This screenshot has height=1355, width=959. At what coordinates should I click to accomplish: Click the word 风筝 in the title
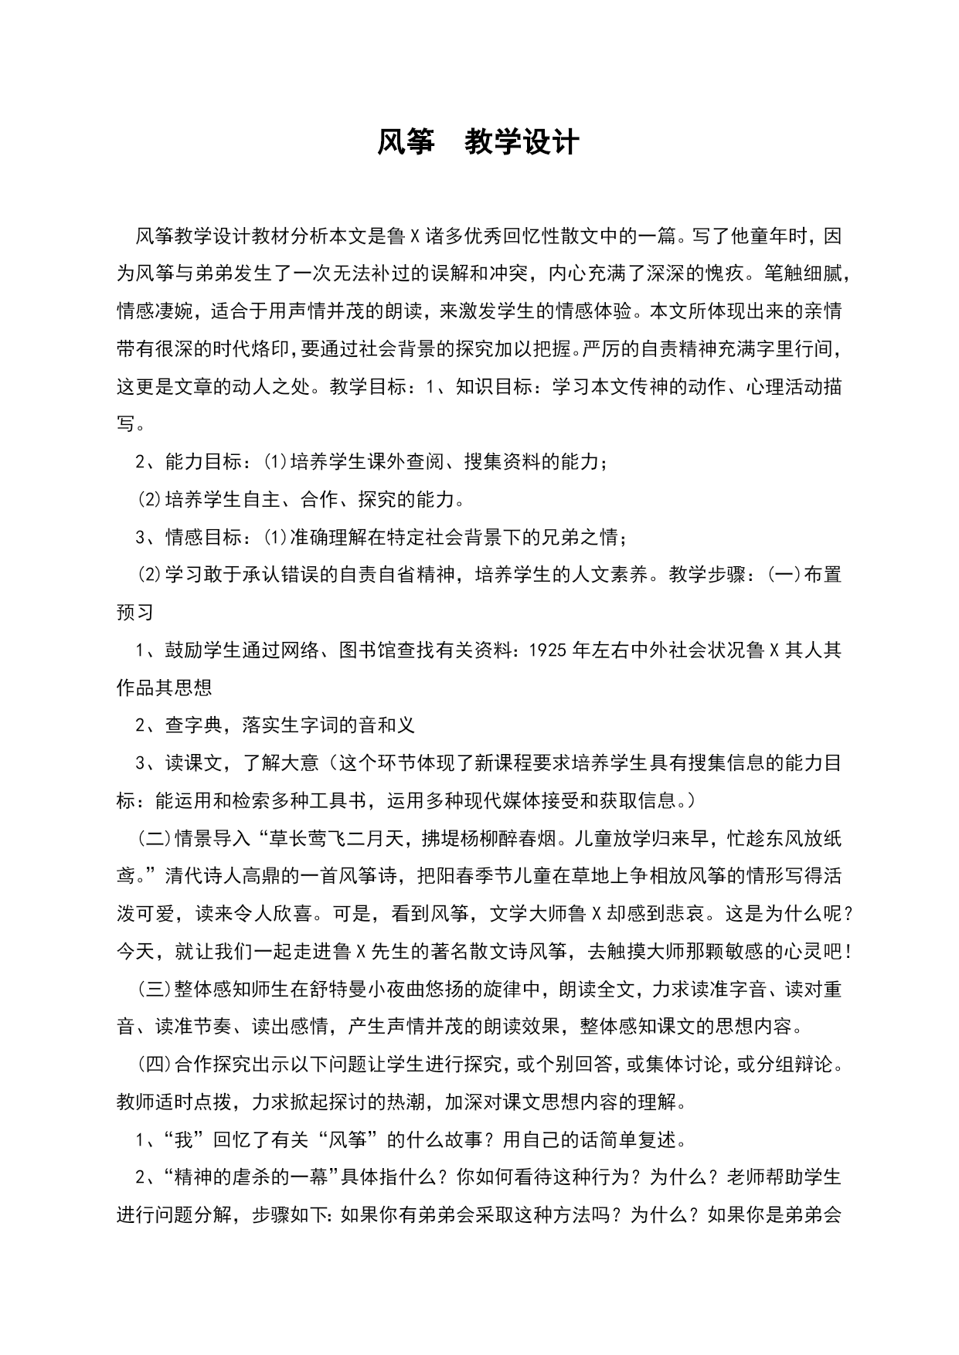click(x=405, y=143)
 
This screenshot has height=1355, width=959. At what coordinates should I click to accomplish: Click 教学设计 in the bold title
click(x=522, y=143)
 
